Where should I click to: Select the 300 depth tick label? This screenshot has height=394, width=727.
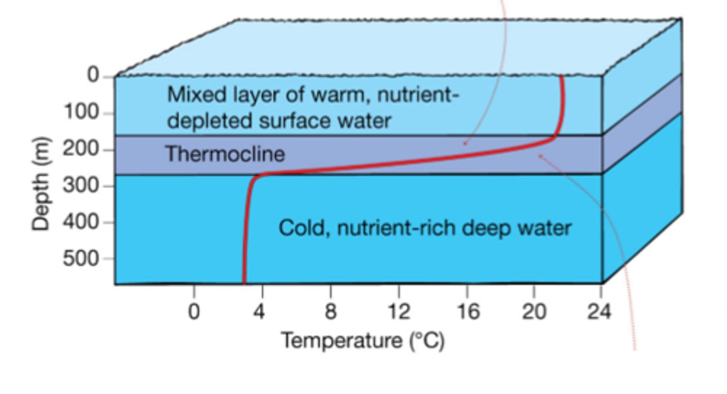point(81,185)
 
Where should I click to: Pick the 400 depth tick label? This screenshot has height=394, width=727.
point(81,222)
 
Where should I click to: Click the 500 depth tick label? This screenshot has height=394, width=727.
point(81,259)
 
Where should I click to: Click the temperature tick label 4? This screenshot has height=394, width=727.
point(258,312)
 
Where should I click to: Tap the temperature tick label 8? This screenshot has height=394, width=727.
point(330,312)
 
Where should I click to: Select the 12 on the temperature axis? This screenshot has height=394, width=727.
point(398,312)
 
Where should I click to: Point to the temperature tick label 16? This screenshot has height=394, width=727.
point(467,312)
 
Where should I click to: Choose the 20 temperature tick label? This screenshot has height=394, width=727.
point(534,312)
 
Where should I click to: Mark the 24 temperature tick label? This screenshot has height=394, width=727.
point(599,312)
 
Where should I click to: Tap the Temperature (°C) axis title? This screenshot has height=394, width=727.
point(362,341)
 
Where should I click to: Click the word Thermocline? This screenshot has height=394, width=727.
point(225,154)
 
